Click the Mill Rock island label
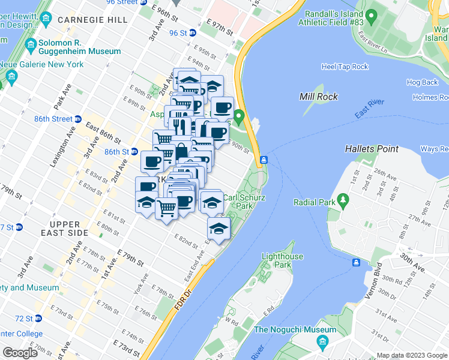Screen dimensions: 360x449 pos(318,96)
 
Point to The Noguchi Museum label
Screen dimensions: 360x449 pos(295,329)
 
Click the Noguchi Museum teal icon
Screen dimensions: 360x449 pos(322,341)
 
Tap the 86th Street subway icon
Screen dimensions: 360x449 pos(78,119)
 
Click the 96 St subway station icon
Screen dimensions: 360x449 pos(193,33)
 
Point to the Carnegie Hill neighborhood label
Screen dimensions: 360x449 pos(92,20)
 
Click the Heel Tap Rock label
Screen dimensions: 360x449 pos(345,67)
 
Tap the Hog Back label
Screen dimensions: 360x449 pos(422,82)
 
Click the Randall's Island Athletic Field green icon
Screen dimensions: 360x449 pos(372,14)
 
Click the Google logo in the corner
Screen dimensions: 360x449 pos(20,352)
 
